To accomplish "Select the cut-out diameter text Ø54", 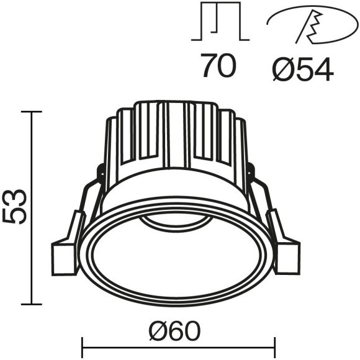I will tap(304, 67).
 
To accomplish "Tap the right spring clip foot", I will tap(287, 256).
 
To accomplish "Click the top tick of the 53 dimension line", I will tap(33, 112).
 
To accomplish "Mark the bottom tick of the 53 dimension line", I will tap(33, 304).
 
